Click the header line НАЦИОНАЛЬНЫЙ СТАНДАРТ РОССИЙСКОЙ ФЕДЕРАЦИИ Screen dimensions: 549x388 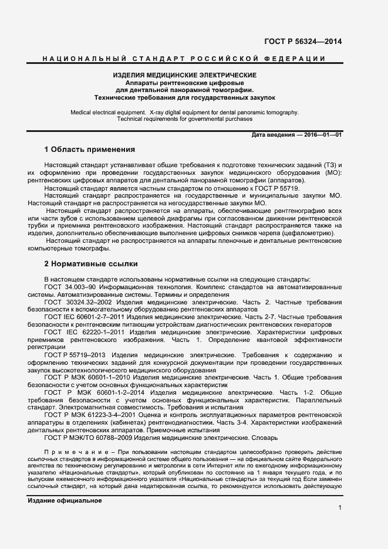tap(184, 59)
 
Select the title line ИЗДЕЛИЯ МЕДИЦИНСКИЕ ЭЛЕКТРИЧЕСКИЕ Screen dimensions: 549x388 tap(184, 76)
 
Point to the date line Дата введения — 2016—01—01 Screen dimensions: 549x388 tap(296, 135)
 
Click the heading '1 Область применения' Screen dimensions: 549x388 tap(89, 150)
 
